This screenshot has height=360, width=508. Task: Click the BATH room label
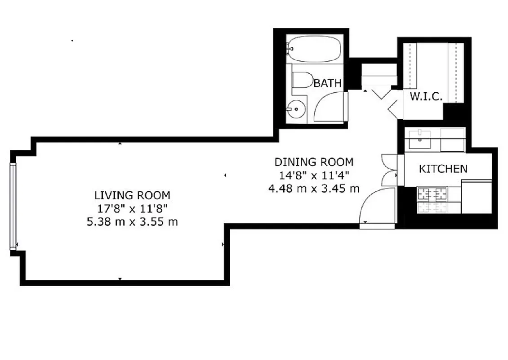[328, 83]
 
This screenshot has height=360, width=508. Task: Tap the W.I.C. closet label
[426, 96]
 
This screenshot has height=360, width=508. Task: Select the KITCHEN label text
[443, 169]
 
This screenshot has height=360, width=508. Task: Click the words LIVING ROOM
[132, 195]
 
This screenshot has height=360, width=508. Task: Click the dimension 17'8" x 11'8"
[132, 209]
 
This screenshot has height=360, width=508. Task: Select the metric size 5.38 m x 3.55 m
[132, 222]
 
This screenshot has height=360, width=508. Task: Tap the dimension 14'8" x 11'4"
[314, 175]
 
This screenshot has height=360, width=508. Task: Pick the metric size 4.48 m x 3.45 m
[314, 189]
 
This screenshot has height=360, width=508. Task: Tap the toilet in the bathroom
[302, 80]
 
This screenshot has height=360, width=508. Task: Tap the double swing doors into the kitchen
[389, 171]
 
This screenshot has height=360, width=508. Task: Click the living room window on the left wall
[13, 206]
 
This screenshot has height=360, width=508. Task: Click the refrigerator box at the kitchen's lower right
[477, 197]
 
